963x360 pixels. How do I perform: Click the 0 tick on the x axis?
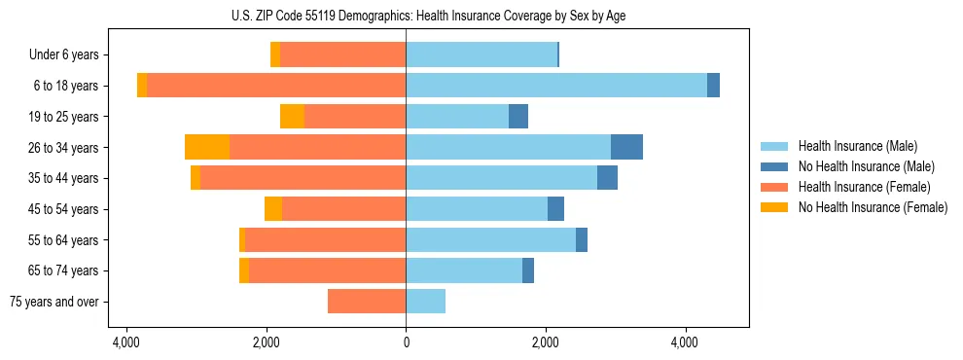[x=406, y=342]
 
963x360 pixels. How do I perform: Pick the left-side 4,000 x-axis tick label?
[x=126, y=342]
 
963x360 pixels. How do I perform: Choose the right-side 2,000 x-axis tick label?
[x=545, y=342]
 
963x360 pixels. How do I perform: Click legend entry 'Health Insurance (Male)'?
[x=857, y=147]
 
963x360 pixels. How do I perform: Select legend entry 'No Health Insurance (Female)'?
[x=873, y=207]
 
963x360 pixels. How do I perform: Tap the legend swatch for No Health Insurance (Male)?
[x=774, y=167]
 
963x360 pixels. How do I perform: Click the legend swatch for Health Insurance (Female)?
[x=774, y=187]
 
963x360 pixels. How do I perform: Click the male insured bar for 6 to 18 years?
[x=555, y=86]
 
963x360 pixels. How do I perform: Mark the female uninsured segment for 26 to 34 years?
[x=207, y=147]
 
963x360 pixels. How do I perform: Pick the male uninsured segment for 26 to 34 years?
[x=626, y=147]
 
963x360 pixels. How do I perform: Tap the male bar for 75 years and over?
[x=425, y=302]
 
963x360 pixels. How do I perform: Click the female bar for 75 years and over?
[x=367, y=302]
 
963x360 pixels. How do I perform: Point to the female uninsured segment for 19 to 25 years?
[x=292, y=117]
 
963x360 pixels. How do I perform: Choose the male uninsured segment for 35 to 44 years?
[x=607, y=178]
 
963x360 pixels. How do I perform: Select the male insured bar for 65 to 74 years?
[x=464, y=270]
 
